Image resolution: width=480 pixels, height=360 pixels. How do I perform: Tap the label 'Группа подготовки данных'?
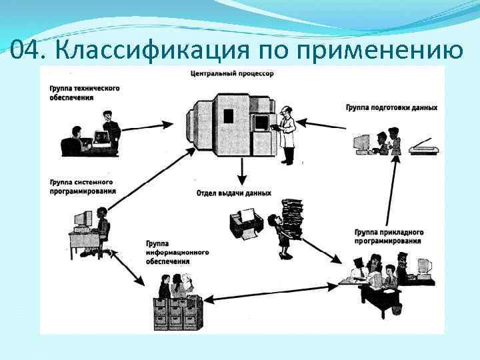pos(391,107)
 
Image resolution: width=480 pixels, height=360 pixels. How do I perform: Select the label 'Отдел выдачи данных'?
pos(233,193)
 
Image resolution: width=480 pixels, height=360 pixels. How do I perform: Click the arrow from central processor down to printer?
pos(243,174)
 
